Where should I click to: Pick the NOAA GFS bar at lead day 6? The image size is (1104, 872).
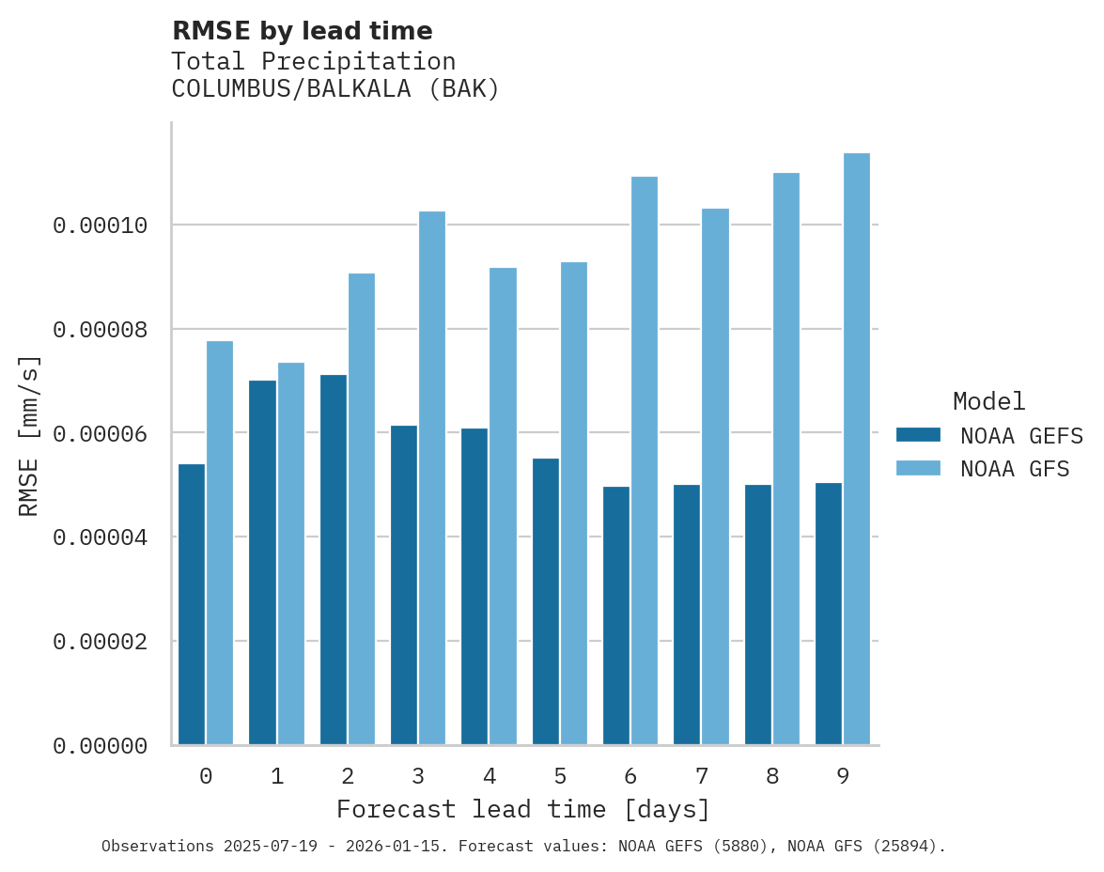[x=644, y=460]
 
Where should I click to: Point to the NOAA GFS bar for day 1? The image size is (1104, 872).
[x=290, y=553]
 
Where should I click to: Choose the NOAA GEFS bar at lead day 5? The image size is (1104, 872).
[x=546, y=601]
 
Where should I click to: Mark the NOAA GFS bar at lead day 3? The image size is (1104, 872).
[x=432, y=478]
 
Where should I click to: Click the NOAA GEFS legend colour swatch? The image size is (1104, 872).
[x=918, y=435]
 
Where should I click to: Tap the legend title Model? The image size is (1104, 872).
[x=988, y=401]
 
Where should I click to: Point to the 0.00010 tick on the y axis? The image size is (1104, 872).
[x=101, y=226]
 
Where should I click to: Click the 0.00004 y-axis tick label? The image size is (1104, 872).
[x=101, y=537]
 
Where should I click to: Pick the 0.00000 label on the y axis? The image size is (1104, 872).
[x=101, y=746]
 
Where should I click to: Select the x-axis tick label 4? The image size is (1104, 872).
[x=489, y=776]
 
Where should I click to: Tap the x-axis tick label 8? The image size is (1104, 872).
[x=772, y=776]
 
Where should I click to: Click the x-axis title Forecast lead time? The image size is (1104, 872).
[x=523, y=809]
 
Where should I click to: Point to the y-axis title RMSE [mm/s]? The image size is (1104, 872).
[x=30, y=436]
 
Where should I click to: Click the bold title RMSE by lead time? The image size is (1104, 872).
[x=302, y=31]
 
